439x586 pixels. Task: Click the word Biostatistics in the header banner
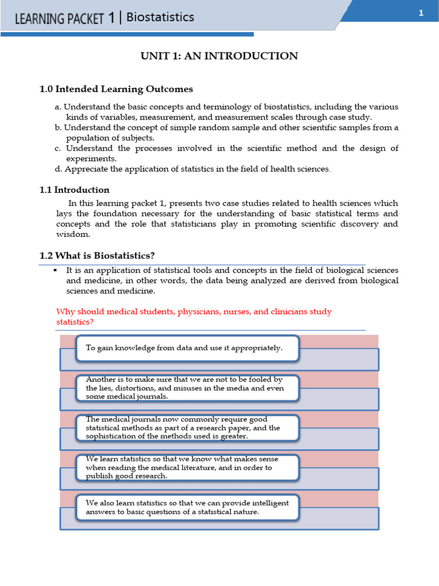pyautogui.click(x=160, y=17)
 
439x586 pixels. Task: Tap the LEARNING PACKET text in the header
pyautogui.click(x=59, y=19)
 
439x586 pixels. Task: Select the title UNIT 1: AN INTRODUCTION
pyautogui.click(x=219, y=56)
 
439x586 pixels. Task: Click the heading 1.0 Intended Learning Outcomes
pyautogui.click(x=116, y=89)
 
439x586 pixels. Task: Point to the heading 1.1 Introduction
pyautogui.click(x=74, y=190)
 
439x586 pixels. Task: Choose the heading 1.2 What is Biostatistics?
pyautogui.click(x=97, y=255)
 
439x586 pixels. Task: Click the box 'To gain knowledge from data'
pyautogui.click(x=187, y=348)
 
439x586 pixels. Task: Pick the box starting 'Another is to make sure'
pyautogui.click(x=187, y=388)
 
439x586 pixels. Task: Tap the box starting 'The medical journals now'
pyautogui.click(x=187, y=428)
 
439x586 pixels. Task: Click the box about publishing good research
pyautogui.click(x=187, y=468)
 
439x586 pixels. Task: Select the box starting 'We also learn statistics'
pyautogui.click(x=187, y=507)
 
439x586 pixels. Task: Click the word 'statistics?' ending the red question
pyautogui.click(x=75, y=322)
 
